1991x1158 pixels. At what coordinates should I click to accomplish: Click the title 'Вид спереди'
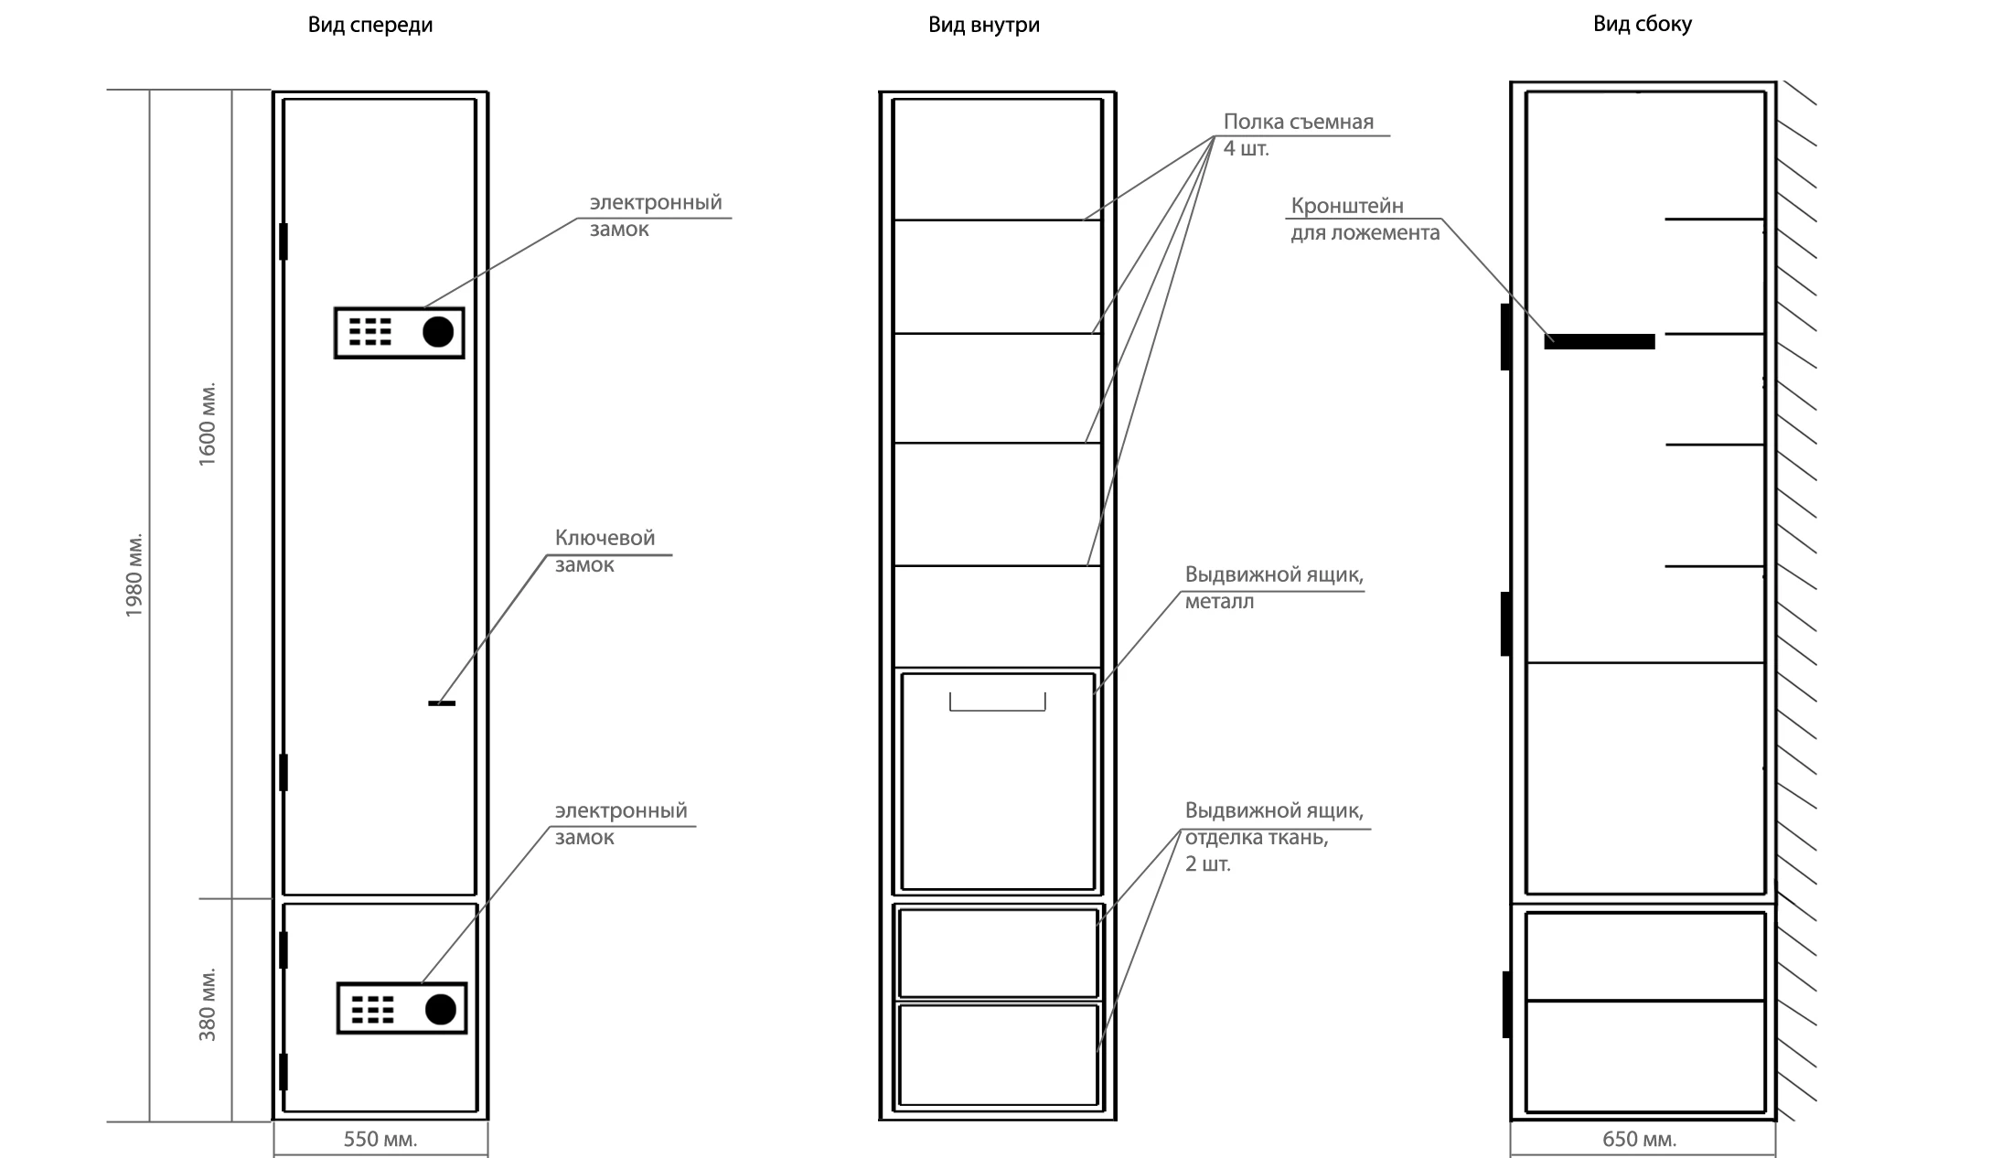[370, 25]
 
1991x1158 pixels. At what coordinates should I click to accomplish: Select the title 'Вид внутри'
[984, 25]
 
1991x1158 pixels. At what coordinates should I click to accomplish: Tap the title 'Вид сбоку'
[1643, 24]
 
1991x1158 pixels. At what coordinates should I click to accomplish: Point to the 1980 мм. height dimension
[134, 574]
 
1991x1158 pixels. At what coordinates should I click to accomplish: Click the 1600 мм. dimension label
[208, 424]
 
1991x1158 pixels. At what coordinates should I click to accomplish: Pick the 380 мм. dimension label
[208, 1004]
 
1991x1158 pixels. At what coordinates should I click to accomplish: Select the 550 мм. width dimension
[380, 1139]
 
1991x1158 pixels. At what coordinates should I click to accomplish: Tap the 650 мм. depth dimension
[1640, 1139]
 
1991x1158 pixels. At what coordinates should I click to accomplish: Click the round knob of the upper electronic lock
[438, 331]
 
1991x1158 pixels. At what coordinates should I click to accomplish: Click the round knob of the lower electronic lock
[441, 1009]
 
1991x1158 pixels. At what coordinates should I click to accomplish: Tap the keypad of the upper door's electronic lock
[369, 331]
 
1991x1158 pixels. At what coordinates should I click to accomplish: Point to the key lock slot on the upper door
[442, 702]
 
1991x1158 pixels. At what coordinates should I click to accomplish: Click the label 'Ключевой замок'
[605, 551]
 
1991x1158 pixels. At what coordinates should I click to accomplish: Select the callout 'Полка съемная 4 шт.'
[1299, 134]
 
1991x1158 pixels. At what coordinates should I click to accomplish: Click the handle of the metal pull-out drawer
[998, 702]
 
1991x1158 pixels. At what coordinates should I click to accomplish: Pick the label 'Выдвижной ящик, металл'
[1274, 588]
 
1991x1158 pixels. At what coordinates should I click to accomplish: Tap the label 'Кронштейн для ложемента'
[1365, 219]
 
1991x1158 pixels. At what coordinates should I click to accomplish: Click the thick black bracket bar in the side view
[1600, 341]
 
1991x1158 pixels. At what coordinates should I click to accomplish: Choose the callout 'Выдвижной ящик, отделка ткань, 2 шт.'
[1274, 837]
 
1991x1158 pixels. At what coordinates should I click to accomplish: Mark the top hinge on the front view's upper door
[284, 241]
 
